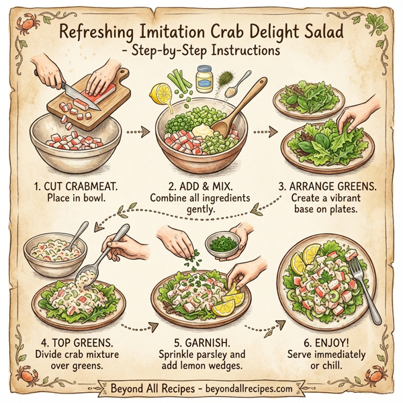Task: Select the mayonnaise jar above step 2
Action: tap(204, 79)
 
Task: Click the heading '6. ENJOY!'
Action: tap(331, 341)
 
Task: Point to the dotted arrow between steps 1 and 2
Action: tap(137, 132)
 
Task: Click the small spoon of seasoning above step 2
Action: tap(241, 83)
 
